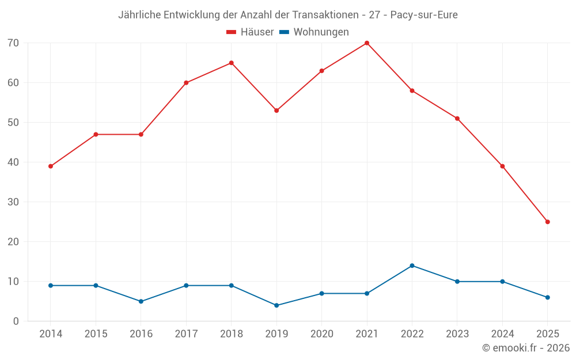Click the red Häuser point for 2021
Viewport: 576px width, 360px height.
pyautogui.click(x=367, y=43)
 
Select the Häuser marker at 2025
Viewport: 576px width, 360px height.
pyautogui.click(x=548, y=222)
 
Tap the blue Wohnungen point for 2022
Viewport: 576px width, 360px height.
pyautogui.click(x=412, y=266)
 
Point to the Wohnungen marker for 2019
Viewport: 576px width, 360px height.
pyautogui.click(x=276, y=305)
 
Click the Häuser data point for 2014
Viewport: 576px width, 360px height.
pyautogui.click(x=51, y=166)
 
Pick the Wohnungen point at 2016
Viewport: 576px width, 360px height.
pyautogui.click(x=141, y=301)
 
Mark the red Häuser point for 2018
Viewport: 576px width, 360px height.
pyautogui.click(x=232, y=63)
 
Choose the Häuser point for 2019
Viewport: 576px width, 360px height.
pyautogui.click(x=276, y=111)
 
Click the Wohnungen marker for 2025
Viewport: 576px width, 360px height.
pyautogui.click(x=548, y=297)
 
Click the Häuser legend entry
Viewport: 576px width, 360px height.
pyautogui.click(x=250, y=32)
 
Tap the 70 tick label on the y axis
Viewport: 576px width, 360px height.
pyautogui.click(x=13, y=43)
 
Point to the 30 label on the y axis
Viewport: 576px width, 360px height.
pyautogui.click(x=13, y=202)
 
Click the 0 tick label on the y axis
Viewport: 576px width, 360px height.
pyautogui.click(x=16, y=321)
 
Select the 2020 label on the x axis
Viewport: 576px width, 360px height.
pyautogui.click(x=321, y=334)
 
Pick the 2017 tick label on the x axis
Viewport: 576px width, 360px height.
pyautogui.click(x=186, y=334)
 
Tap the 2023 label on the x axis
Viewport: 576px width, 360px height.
pyautogui.click(x=457, y=334)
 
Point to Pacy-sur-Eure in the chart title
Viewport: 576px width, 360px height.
pyautogui.click(x=424, y=15)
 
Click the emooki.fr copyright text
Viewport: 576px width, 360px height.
pyautogui.click(x=526, y=348)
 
